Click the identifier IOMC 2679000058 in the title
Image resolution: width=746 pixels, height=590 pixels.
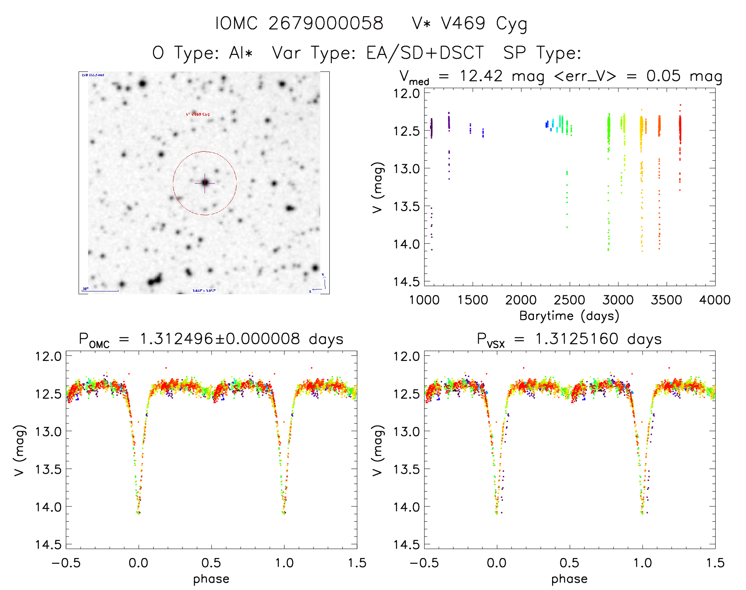coord(299,24)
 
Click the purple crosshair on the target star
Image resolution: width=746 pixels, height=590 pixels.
coord(205,183)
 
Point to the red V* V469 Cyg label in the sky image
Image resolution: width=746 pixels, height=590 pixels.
coord(197,114)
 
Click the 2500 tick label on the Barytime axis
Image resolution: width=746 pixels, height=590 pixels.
coord(569,300)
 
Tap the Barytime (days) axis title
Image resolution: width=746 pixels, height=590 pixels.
coord(569,316)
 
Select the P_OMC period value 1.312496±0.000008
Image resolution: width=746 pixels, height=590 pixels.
coord(220,339)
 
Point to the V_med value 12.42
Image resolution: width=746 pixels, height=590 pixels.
coord(481,76)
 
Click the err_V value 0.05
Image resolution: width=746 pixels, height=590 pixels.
coord(663,76)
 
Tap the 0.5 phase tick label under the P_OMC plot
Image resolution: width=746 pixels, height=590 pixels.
coord(211,563)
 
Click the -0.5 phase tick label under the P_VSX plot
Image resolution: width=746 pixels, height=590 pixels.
coord(424,563)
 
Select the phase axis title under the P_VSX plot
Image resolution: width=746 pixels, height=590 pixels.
coord(569,579)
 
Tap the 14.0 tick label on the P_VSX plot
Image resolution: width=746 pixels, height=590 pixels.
coord(405,507)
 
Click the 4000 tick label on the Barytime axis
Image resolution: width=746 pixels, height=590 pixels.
coord(715,300)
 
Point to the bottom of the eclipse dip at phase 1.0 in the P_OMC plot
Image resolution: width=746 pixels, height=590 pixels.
coord(284,513)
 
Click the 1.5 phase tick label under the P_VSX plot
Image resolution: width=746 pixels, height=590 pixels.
coord(715,563)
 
